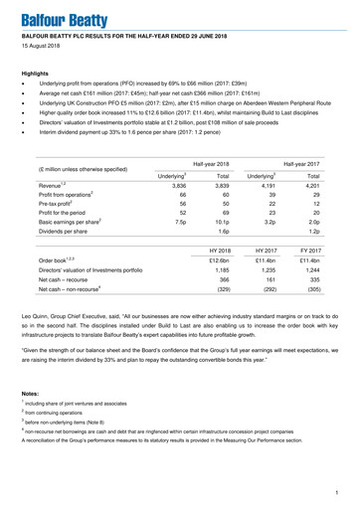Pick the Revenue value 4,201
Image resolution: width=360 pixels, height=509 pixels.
coord(334,186)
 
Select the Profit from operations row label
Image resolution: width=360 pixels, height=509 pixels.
coord(64,197)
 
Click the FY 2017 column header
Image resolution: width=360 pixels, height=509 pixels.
coord(332,252)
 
